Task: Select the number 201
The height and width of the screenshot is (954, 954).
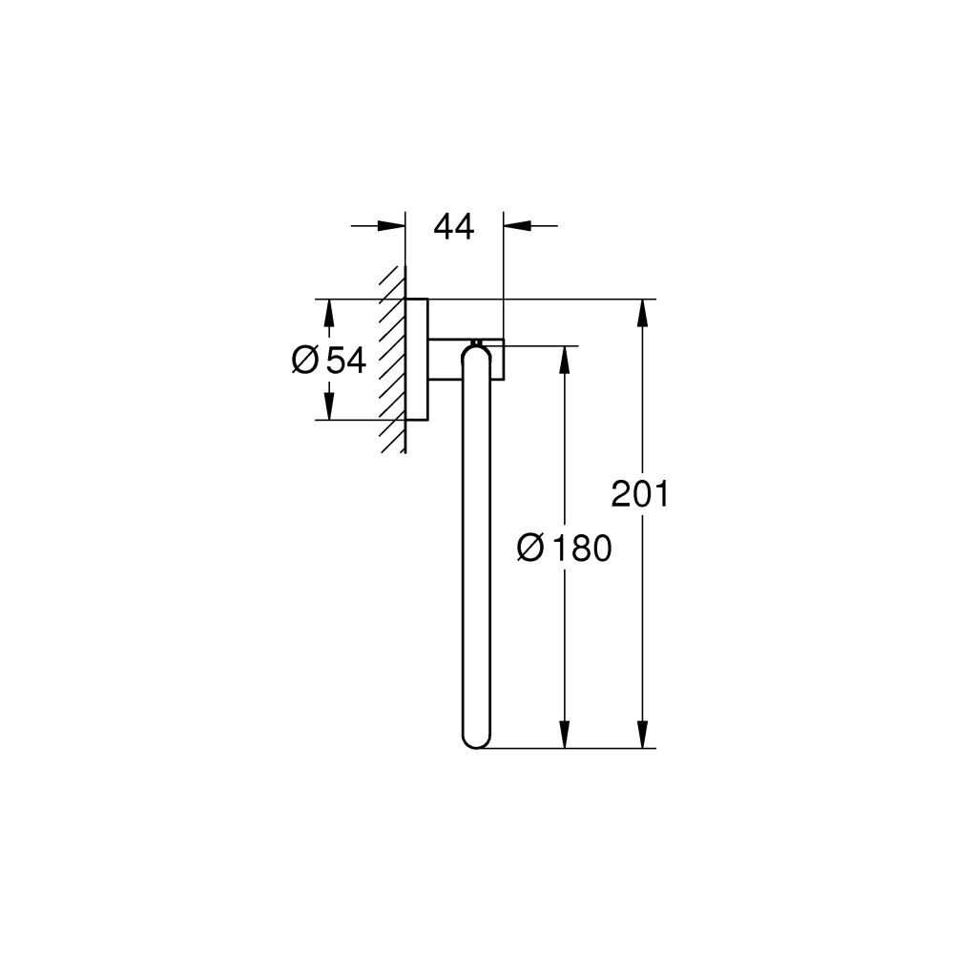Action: coord(641,495)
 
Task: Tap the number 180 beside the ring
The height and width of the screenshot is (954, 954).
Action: coord(577,550)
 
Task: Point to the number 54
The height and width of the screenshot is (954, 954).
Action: coord(346,361)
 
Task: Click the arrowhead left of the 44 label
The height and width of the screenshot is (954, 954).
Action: coord(391,226)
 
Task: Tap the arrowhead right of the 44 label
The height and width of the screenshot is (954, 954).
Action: coord(517,226)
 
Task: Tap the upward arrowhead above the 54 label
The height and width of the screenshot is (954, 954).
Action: coord(328,312)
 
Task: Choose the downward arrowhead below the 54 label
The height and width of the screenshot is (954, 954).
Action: coord(328,407)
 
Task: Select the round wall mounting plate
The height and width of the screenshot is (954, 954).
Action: coord(417,360)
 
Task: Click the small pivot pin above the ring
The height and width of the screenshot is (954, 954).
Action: coord(475,342)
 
